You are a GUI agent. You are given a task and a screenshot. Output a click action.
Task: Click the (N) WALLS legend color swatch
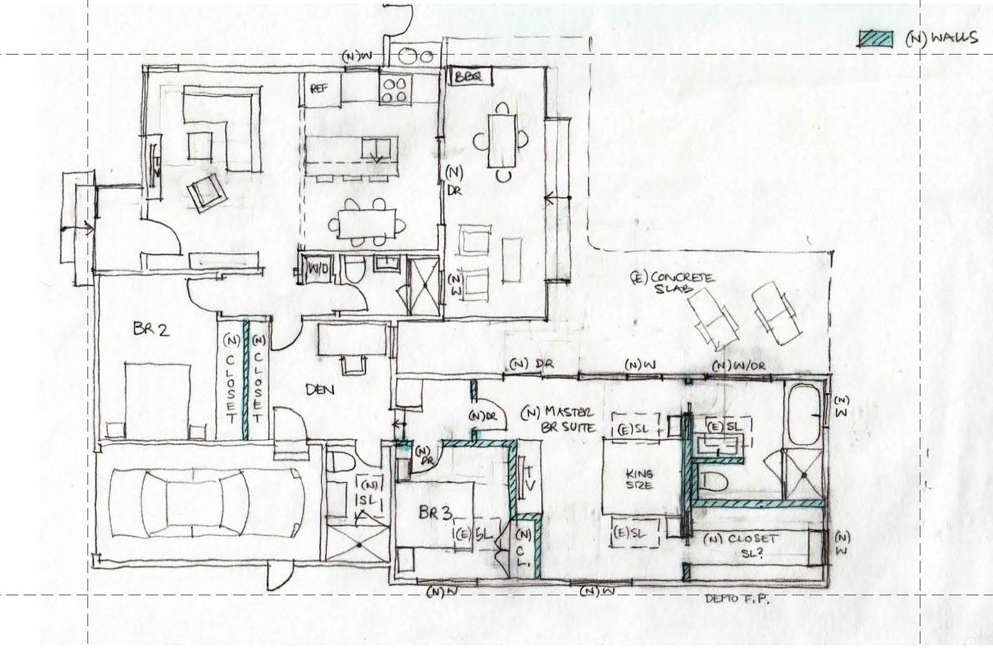coord(876,38)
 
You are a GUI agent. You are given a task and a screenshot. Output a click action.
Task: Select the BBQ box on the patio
coord(470,77)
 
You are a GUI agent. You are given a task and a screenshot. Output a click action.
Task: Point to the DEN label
coord(320,389)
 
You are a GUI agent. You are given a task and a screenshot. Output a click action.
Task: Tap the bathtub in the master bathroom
coord(804,414)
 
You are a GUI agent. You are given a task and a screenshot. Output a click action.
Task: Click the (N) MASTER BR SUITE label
coord(559,419)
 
